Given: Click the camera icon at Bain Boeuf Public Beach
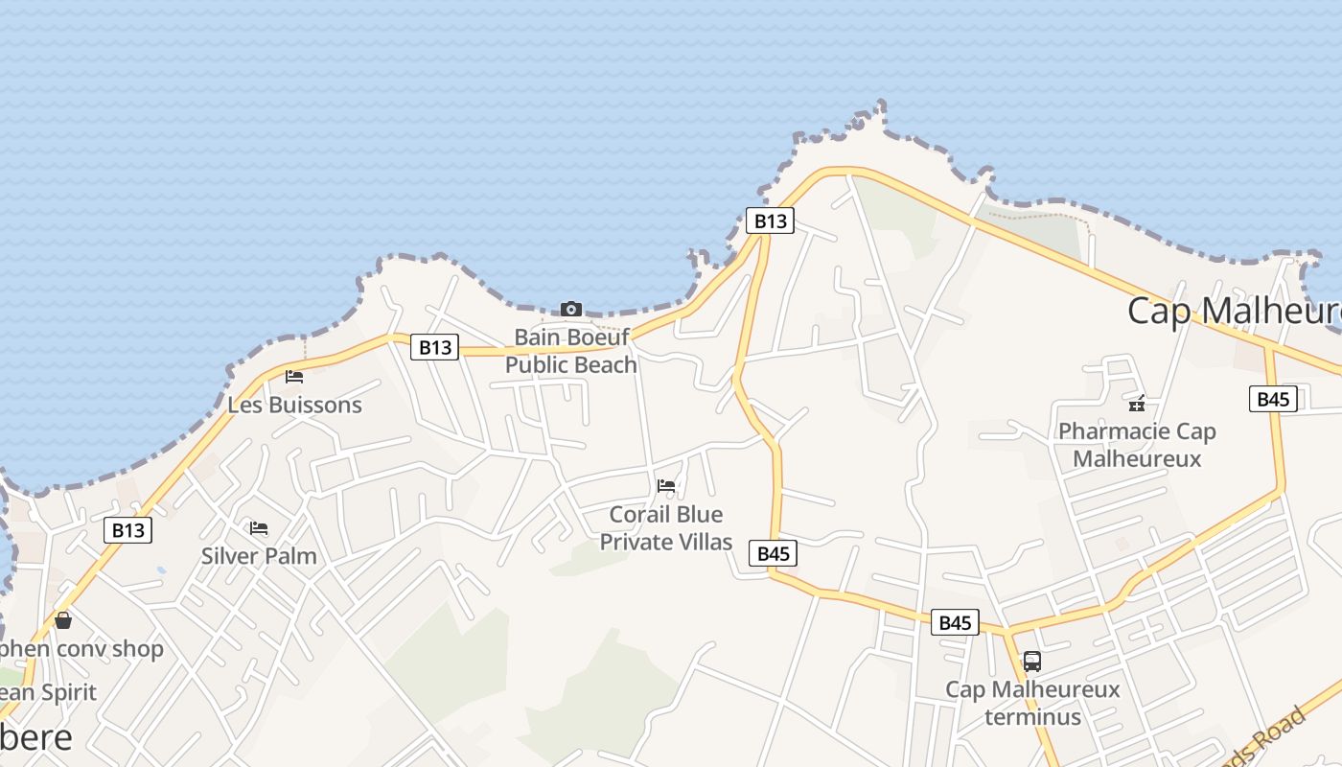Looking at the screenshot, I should (x=571, y=309).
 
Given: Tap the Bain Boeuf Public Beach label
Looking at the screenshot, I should (x=571, y=351).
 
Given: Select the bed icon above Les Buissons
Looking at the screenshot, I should (x=294, y=377).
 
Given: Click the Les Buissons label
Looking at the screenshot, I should (x=294, y=405).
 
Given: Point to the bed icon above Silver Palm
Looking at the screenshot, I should (x=259, y=528).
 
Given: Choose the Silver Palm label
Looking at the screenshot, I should (x=259, y=556).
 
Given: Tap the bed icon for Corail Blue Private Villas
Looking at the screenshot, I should (x=666, y=486).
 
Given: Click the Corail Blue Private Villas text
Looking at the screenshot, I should (x=666, y=528).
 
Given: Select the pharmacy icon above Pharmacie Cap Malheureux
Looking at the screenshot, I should (x=1137, y=404).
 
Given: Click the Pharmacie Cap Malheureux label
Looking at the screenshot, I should (x=1137, y=445).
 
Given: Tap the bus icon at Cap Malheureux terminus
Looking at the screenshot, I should (x=1032, y=662).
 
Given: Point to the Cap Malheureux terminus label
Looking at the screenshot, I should (x=1032, y=703).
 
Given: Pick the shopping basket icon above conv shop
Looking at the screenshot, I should (x=63, y=620).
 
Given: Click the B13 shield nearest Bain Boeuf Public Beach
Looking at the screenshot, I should (x=435, y=347).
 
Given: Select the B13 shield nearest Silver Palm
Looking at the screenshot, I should (x=127, y=530).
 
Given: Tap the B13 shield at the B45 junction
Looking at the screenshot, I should (x=770, y=221).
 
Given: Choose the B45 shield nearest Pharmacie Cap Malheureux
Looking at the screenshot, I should (x=1273, y=399).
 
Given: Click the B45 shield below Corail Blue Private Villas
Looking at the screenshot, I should (x=774, y=553).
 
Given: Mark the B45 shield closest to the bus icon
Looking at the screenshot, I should (x=955, y=622).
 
